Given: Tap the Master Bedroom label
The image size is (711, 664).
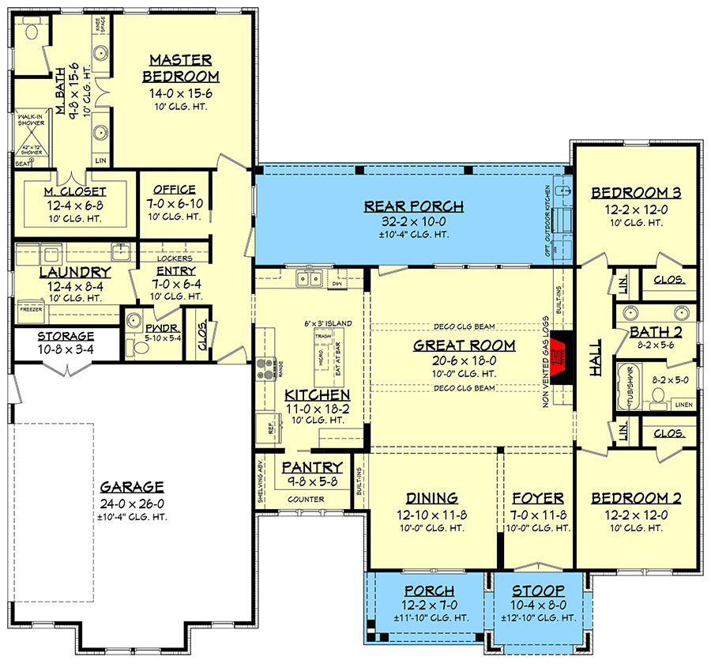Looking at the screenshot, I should click(x=180, y=68).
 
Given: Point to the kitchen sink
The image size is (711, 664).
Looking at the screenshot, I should click(x=308, y=278).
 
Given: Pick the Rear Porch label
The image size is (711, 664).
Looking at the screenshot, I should click(x=413, y=207).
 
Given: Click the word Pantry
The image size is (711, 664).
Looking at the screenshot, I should click(x=312, y=467).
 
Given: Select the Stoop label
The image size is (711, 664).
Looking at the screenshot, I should click(x=537, y=590).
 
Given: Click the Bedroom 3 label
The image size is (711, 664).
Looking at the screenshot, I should click(x=636, y=193).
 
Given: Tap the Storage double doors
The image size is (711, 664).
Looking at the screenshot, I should click(x=67, y=368).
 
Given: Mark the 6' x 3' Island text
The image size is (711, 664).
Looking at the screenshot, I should click(x=328, y=324).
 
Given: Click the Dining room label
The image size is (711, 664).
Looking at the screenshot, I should click(x=432, y=498).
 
